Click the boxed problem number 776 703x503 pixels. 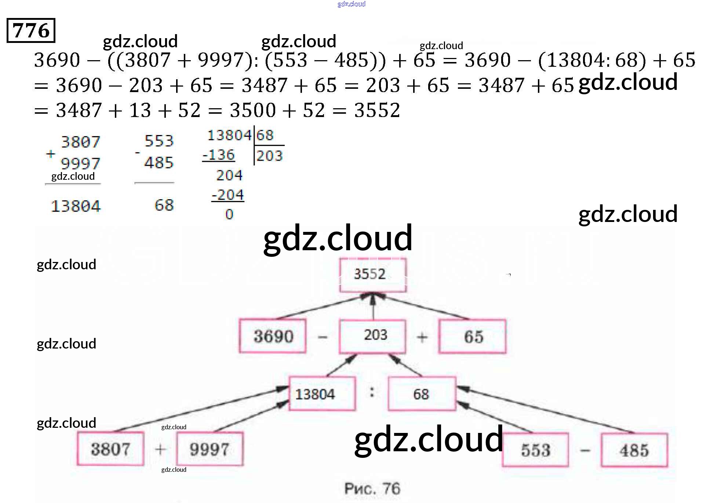click(x=31, y=30)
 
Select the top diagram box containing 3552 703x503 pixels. click(x=372, y=275)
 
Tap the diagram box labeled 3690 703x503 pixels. click(x=273, y=336)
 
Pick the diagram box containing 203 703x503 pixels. click(x=373, y=336)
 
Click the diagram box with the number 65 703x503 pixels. click(x=473, y=336)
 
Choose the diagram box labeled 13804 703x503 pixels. click(x=322, y=394)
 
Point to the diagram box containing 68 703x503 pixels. click(x=422, y=394)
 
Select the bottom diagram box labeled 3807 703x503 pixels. click(x=110, y=449)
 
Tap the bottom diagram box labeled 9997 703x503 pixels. click(x=210, y=449)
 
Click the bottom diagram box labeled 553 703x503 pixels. click(x=535, y=450)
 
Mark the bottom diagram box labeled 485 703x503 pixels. click(x=634, y=450)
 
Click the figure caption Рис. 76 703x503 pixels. click(x=372, y=488)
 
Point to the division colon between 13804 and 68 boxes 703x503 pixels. click(x=372, y=393)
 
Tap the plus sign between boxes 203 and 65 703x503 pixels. click(x=422, y=337)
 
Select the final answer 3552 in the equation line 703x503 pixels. click(x=377, y=110)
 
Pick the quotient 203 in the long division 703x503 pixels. click(x=270, y=156)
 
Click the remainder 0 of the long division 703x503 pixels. click(x=229, y=214)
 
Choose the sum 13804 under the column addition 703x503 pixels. click(x=75, y=206)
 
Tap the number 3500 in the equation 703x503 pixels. click(x=252, y=110)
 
